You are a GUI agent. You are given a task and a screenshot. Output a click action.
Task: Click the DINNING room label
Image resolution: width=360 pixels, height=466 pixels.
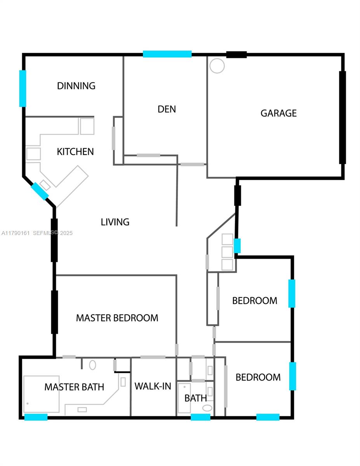[76, 86]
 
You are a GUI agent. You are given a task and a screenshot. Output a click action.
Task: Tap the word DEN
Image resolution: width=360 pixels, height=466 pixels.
[167, 109]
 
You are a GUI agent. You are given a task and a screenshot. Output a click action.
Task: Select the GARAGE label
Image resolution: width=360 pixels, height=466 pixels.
[278, 113]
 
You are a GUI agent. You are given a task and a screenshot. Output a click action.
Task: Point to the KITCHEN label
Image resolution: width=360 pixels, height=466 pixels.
[75, 151]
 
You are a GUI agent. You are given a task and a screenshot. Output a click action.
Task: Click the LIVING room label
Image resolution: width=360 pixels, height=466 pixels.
[115, 222]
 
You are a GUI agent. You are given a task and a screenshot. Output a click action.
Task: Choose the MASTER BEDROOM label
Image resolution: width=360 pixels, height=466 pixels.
[117, 318]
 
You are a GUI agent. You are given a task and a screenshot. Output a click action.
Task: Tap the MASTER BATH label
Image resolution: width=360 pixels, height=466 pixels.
[74, 387]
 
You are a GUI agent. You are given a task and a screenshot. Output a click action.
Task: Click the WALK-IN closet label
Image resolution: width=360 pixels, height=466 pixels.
[153, 386]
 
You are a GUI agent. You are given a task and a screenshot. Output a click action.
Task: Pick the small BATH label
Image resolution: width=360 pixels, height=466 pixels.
[196, 398]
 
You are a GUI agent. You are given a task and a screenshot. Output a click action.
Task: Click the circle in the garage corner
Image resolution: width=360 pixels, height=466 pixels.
[217, 66]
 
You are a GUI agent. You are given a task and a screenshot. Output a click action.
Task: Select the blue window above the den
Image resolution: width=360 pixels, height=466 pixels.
[167, 54]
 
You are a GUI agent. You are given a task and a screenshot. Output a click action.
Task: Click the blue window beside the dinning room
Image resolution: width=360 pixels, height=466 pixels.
[23, 88]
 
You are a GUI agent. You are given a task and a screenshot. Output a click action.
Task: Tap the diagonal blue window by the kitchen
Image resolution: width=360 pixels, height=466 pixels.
[40, 191]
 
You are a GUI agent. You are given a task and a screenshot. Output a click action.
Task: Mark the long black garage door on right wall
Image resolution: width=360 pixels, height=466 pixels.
[343, 117]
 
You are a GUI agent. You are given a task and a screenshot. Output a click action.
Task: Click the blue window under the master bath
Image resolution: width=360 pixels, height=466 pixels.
[36, 417]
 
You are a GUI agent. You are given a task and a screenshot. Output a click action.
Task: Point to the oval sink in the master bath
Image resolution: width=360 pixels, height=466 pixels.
[92, 365]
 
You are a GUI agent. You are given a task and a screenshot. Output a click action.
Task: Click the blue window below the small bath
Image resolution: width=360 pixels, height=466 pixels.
[200, 417]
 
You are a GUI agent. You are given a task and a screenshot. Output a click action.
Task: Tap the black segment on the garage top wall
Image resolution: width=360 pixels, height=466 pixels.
[236, 55]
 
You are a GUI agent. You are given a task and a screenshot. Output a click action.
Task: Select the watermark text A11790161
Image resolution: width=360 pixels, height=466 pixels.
[16, 233]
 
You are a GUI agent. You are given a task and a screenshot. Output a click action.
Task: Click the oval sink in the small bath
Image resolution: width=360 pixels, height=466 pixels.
[207, 408]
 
